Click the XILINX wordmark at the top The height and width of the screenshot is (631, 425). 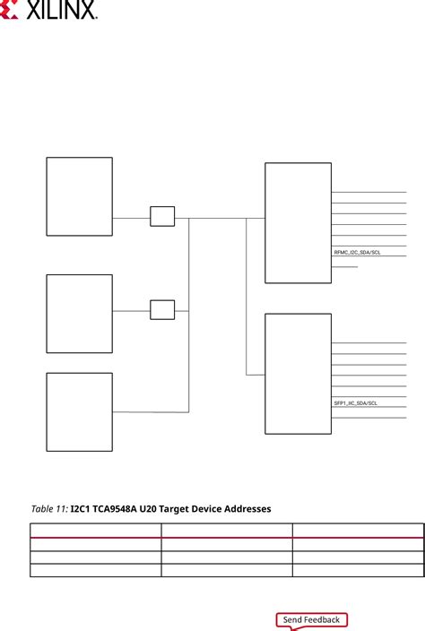[x=61, y=10]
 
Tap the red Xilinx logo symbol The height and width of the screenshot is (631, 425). [x=9, y=10]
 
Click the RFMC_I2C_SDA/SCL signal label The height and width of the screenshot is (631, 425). [x=357, y=253]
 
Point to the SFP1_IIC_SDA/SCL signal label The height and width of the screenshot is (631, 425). [x=356, y=402]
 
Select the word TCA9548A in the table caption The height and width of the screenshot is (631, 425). [x=115, y=509]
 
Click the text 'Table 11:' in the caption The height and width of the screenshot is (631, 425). [x=49, y=509]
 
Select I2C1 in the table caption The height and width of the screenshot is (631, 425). [x=80, y=509]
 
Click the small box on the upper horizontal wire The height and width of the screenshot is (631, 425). [x=162, y=217]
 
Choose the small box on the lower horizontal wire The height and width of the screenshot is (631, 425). [x=162, y=310]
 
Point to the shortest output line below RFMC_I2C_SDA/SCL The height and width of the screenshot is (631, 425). [x=344, y=267]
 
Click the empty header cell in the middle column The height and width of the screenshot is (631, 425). [x=227, y=531]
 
